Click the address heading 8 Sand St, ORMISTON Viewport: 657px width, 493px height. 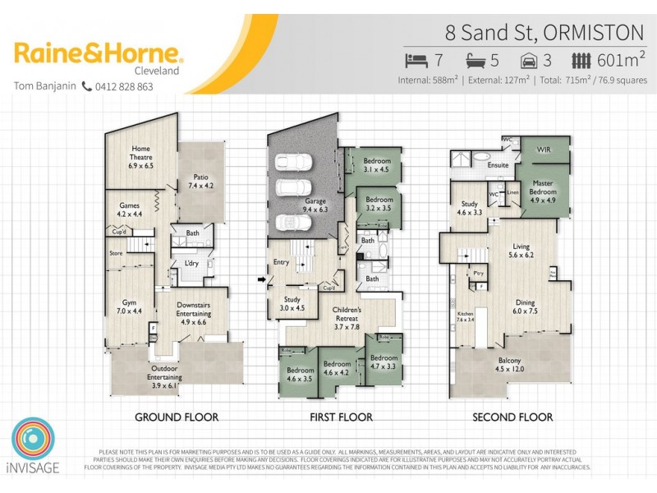coord(544,33)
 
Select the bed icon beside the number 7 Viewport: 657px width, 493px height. coord(416,60)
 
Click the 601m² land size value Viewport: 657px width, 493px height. coord(621,60)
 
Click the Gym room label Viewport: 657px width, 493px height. coord(129,306)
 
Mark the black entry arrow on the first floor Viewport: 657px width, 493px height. coord(262,279)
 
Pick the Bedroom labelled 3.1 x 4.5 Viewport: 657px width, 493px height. coord(377,164)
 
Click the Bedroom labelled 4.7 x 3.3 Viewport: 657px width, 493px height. coord(383,362)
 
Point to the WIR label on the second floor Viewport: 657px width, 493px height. coord(543,150)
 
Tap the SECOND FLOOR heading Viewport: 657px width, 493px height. coord(512,417)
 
